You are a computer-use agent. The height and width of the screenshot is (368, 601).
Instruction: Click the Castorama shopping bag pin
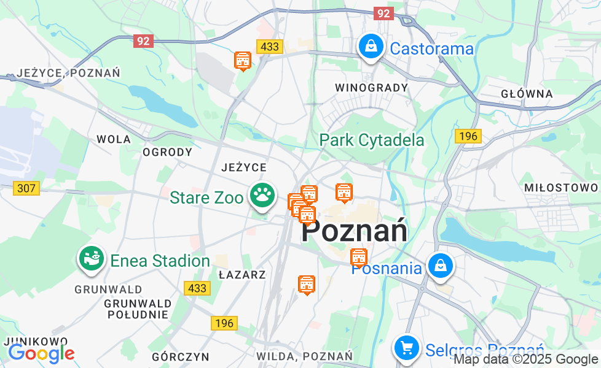[x=371, y=47]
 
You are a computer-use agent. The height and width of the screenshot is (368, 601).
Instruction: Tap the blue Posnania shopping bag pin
[x=441, y=266]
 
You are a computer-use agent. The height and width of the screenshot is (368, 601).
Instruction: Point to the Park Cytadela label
[x=371, y=140]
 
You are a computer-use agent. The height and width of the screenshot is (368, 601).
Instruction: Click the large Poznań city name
[x=355, y=232]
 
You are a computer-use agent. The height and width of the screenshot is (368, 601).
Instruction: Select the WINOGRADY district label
[x=371, y=88]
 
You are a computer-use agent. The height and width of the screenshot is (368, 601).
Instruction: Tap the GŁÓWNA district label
[x=527, y=94]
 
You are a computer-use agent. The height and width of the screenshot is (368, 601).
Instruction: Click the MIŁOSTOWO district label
[x=561, y=188]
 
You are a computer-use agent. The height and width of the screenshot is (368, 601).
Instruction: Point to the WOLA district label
[x=114, y=139]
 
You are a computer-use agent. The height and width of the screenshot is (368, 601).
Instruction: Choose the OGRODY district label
[x=167, y=152]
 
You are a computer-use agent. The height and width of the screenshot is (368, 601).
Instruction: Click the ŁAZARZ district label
[x=242, y=275]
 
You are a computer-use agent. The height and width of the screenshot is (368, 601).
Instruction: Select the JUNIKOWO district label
[x=35, y=341]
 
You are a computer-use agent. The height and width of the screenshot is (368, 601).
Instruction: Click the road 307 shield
[x=26, y=188]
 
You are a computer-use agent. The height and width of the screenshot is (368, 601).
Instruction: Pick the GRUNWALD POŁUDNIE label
[x=137, y=309]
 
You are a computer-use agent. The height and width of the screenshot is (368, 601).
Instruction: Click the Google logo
[x=41, y=353]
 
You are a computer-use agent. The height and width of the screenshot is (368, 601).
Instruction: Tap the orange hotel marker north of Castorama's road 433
[x=243, y=60]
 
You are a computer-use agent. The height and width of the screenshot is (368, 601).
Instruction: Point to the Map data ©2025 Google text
[x=525, y=359]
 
